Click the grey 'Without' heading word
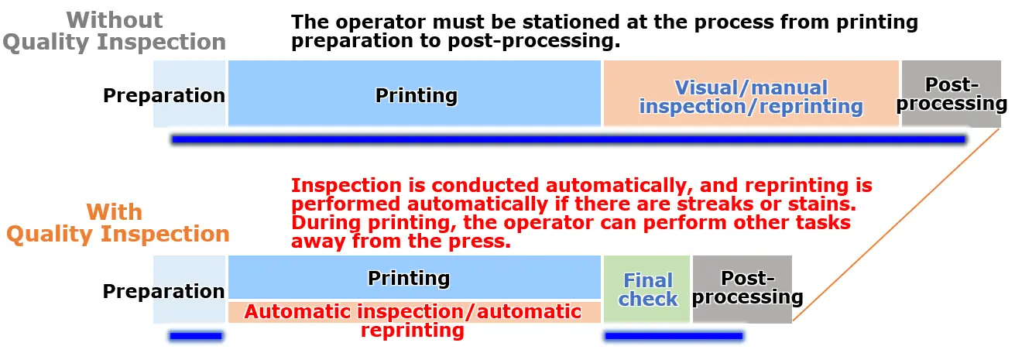114,20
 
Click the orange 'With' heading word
114,212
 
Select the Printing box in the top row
414,93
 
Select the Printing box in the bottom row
414,277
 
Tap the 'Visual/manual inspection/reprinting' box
751,93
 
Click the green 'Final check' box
646,289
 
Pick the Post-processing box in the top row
951,93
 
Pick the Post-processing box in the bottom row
742,289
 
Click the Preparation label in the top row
164,95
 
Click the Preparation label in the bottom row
163,291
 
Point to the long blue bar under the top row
569,139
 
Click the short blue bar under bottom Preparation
196,336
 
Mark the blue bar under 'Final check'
674,336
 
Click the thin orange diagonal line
896,225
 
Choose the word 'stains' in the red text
822,204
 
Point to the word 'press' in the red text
479,242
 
